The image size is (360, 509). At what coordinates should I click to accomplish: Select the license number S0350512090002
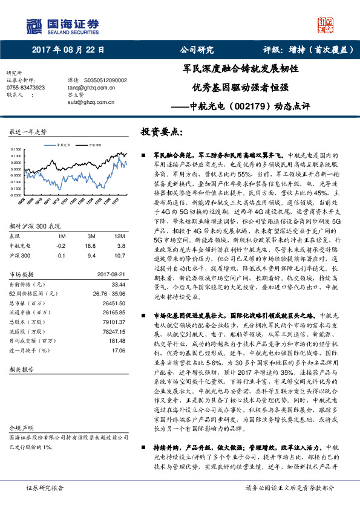[106, 80]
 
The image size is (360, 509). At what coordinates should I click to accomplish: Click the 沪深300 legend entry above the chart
[92, 145]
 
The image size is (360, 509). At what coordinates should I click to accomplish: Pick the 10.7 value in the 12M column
[119, 238]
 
